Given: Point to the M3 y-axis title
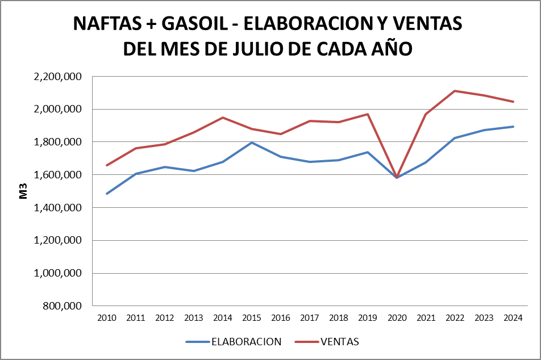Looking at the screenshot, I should pyautogui.click(x=24, y=191).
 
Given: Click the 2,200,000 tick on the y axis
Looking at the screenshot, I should pyautogui.click(x=59, y=76).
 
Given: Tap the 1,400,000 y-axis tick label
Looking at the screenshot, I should pyautogui.click(x=59, y=208).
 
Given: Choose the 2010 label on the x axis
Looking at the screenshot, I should pyautogui.click(x=107, y=318).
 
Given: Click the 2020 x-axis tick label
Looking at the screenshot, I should pyautogui.click(x=397, y=318).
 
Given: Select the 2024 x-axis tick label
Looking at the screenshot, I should pyautogui.click(x=513, y=318).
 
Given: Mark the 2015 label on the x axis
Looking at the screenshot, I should pyautogui.click(x=252, y=318).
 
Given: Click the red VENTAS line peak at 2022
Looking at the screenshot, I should pyautogui.click(x=455, y=91).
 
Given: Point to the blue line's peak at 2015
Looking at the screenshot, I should pyautogui.click(x=252, y=143).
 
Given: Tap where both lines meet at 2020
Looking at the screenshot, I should pyautogui.click(x=397, y=177).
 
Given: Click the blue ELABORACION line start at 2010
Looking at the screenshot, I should pyautogui.click(x=107, y=194).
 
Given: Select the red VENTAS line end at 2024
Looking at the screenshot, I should pyautogui.click(x=513, y=102).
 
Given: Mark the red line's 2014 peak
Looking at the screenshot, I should pyautogui.click(x=223, y=118).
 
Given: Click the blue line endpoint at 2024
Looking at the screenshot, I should pyautogui.click(x=513, y=127).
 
